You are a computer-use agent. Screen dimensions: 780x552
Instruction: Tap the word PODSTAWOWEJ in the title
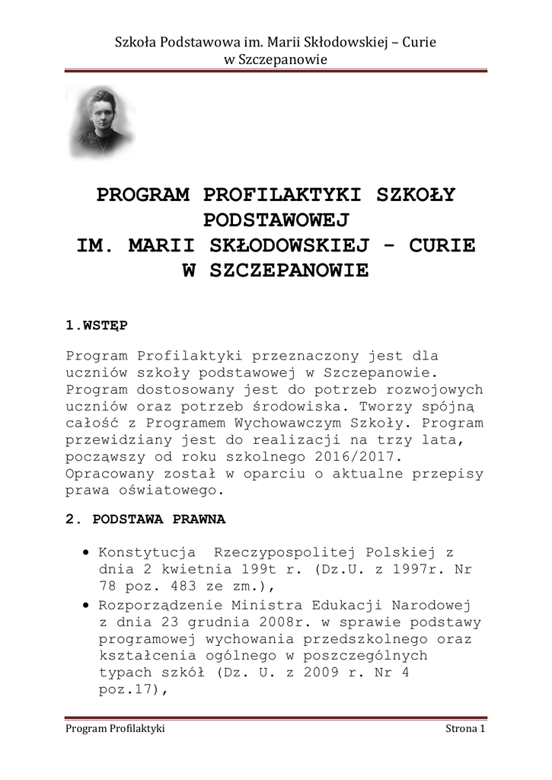tap(276, 220)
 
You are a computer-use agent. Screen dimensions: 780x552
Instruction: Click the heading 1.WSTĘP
tap(97, 325)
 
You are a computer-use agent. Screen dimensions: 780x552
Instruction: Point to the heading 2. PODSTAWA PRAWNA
tap(145, 519)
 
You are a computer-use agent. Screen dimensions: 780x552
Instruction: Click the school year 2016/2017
tap(358, 456)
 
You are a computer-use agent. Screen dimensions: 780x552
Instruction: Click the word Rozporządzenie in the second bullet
tap(162, 606)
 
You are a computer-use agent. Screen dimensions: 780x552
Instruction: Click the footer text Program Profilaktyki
tap(116, 729)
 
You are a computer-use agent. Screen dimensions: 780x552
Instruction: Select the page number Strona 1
tap(465, 729)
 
